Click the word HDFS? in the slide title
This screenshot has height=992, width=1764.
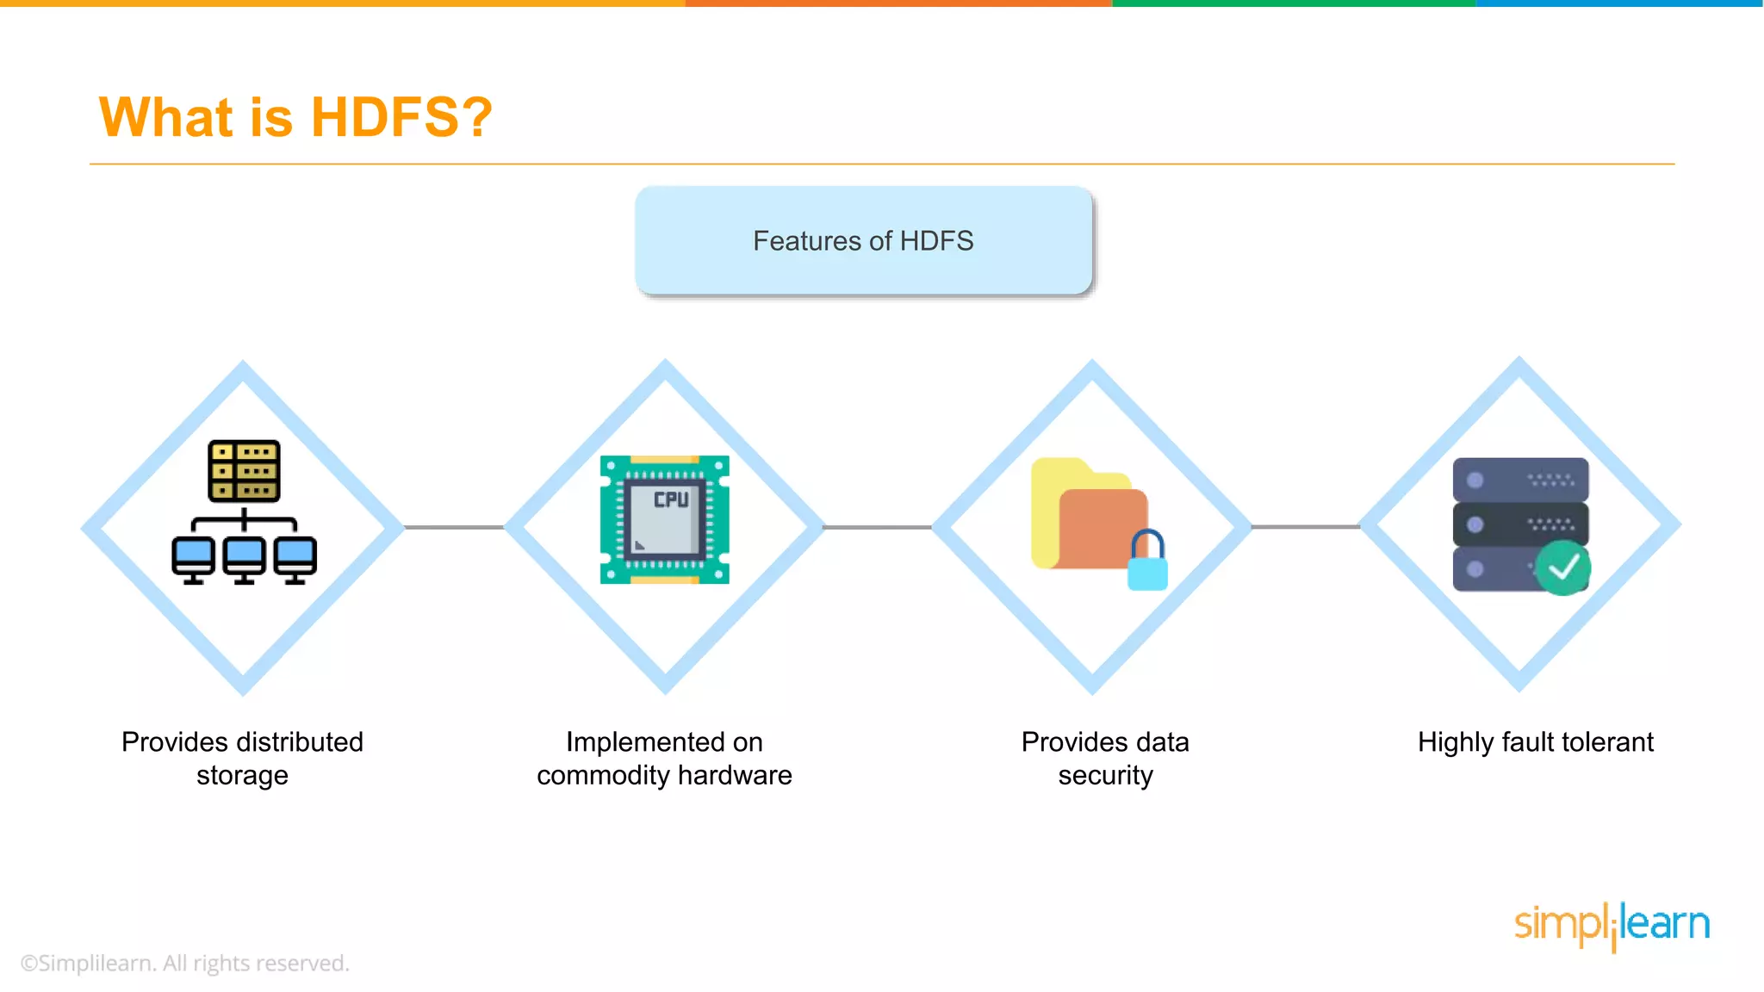tap(401, 117)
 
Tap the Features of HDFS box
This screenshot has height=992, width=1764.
tap(863, 241)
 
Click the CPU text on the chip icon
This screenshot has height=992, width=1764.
tap(671, 499)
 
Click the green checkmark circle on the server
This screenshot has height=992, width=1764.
tap(1563, 567)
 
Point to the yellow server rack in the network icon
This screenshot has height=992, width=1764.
tap(244, 471)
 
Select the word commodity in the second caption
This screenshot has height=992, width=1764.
tap(603, 776)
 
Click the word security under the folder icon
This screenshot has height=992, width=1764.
tap(1105, 776)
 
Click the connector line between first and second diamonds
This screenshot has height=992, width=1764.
tap(454, 527)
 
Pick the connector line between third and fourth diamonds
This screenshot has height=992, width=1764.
tap(1305, 526)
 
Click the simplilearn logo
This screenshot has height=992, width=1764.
tap(1612, 925)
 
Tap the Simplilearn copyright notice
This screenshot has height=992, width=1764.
tap(185, 963)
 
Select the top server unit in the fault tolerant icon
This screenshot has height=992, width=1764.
tap(1520, 480)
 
